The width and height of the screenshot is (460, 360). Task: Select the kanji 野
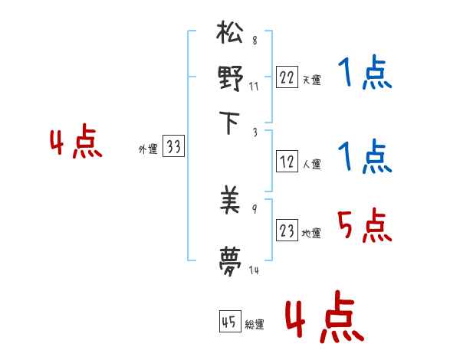click(231, 78)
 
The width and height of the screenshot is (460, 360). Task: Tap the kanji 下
click(231, 123)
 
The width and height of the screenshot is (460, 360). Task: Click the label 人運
click(311, 164)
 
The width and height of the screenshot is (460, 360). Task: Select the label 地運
click(311, 233)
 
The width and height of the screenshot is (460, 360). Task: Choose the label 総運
click(255, 324)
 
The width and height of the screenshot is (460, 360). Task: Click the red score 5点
click(364, 227)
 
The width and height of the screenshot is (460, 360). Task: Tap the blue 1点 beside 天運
click(364, 74)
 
